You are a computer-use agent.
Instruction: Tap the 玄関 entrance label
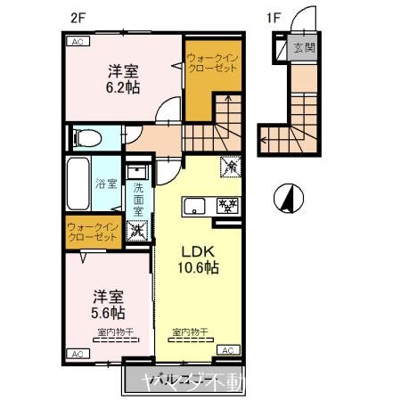pyautogui.click(x=305, y=48)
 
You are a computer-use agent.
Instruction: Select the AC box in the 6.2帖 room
pyautogui.click(x=78, y=41)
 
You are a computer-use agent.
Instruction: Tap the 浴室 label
pyautogui.click(x=105, y=185)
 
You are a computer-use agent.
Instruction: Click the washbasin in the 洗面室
pyautogui.click(x=138, y=172)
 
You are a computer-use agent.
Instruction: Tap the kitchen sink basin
pyautogui.click(x=194, y=207)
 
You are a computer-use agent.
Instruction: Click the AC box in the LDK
pyautogui.click(x=226, y=350)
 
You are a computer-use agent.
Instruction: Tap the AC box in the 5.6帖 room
pyautogui.click(x=78, y=354)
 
